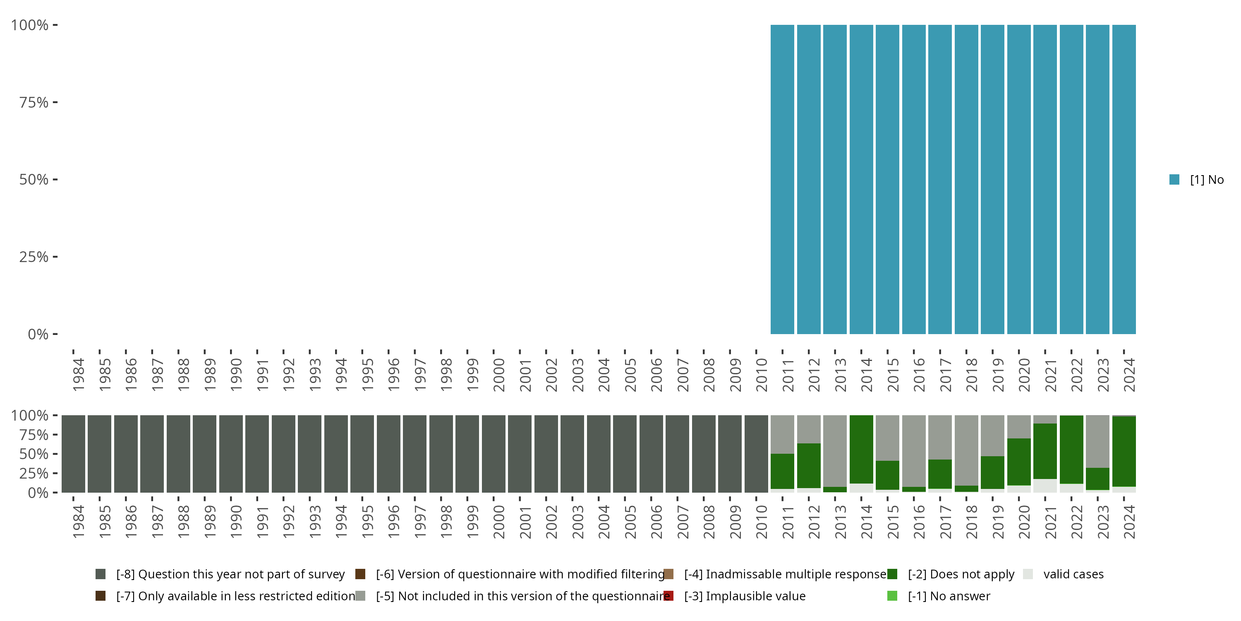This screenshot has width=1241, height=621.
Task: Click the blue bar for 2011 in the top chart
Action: click(782, 179)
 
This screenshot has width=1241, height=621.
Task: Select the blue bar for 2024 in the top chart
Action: click(1124, 179)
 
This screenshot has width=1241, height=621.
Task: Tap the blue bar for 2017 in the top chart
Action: click(940, 179)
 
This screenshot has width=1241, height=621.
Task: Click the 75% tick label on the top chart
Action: click(34, 102)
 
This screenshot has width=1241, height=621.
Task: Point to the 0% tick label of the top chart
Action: click(38, 334)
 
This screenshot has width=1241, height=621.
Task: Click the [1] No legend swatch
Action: click(1174, 179)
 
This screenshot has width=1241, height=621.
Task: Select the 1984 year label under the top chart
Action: click(78, 375)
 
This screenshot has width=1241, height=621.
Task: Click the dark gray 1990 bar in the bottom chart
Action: click(231, 454)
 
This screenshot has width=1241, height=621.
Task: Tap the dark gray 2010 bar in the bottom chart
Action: click(756, 454)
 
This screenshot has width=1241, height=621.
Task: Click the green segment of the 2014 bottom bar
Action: click(861, 448)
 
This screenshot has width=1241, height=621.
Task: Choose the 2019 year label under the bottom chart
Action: click(998, 522)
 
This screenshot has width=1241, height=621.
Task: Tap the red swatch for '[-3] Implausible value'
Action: click(668, 596)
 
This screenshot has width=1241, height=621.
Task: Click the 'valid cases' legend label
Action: click(1073, 574)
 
